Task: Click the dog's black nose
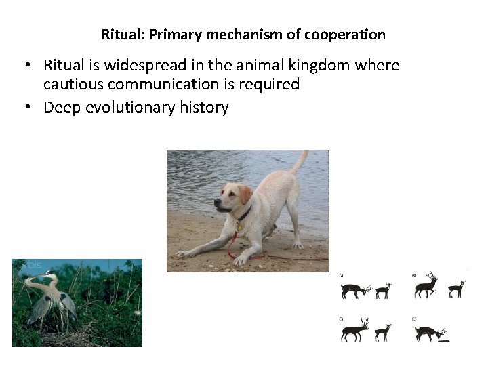pyautogui.click(x=218, y=202)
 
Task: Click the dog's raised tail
pyautogui.click(x=298, y=163)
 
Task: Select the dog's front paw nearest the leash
pyautogui.click(x=241, y=259)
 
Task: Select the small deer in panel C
pyautogui.click(x=383, y=331)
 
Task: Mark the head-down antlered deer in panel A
pyautogui.click(x=354, y=289)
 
